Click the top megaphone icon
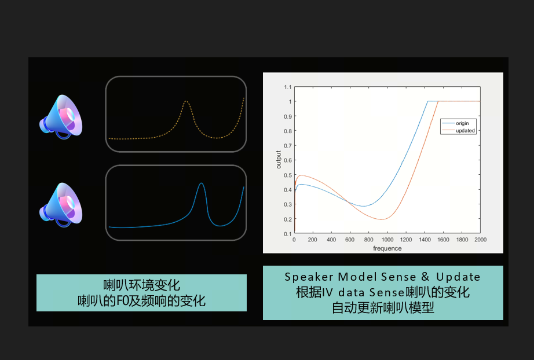(x=61, y=117)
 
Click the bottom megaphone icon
(x=61, y=205)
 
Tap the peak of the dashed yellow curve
(x=185, y=101)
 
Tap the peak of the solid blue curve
(x=202, y=183)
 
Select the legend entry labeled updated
(x=458, y=131)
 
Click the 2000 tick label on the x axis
(x=480, y=240)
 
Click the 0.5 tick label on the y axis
(x=288, y=175)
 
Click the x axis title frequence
(x=387, y=248)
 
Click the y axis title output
(x=279, y=160)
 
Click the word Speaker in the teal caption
(x=309, y=277)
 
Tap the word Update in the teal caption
(x=458, y=277)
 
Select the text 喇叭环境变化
(x=142, y=285)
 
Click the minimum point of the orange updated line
(x=382, y=219)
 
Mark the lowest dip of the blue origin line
(x=364, y=206)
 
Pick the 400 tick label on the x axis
(x=331, y=240)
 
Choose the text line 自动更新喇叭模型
(x=383, y=308)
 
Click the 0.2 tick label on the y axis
(x=288, y=219)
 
